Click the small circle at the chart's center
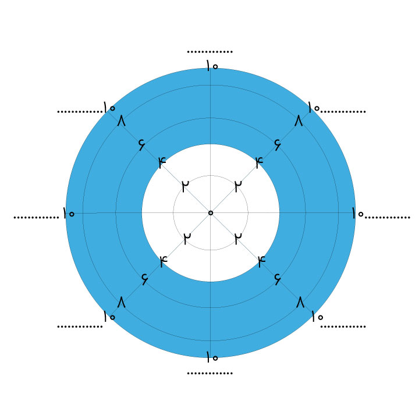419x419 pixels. click(211, 213)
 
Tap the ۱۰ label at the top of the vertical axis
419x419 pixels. click(212, 65)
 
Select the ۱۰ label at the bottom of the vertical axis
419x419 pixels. click(212, 357)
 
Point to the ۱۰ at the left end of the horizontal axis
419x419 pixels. click(69, 213)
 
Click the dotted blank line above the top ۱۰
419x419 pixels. click(210, 52)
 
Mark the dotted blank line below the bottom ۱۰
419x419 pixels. click(210, 373)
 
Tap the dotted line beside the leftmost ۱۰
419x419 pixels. click(36, 218)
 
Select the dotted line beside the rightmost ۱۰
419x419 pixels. click(388, 218)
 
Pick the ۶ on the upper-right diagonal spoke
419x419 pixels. click(278, 144)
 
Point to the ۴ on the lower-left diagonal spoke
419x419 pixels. click(164, 261)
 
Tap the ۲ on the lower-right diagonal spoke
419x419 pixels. click(238, 239)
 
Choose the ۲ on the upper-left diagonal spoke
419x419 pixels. click(185, 186)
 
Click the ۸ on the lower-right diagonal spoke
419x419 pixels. click(300, 302)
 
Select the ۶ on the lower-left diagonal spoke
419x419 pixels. click(144, 279)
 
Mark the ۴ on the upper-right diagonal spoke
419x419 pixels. click(259, 162)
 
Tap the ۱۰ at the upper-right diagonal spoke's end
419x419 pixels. click(314, 108)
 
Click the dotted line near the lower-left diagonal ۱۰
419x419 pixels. click(80, 326)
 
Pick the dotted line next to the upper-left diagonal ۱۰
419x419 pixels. click(80, 112)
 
